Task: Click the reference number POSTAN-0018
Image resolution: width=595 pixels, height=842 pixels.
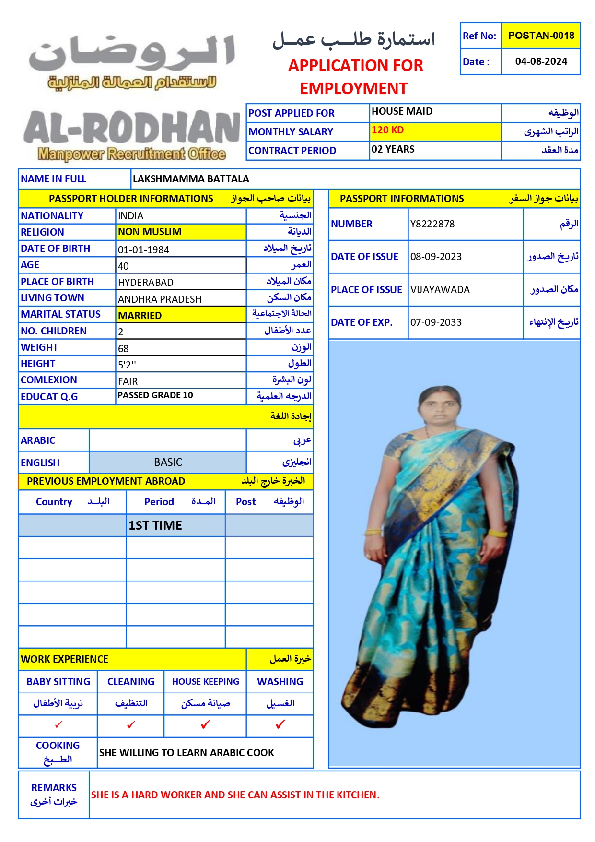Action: tap(541, 36)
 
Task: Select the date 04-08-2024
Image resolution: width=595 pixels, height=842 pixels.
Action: tap(541, 61)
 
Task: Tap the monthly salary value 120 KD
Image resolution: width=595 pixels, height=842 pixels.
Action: tap(387, 130)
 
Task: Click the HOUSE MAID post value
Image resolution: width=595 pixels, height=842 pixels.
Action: tap(402, 111)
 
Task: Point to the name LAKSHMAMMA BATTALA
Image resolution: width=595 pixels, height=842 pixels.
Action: tap(191, 179)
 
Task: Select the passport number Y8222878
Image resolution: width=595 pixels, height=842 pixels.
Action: tap(432, 224)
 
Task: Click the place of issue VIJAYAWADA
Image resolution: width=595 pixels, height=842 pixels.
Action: tap(440, 290)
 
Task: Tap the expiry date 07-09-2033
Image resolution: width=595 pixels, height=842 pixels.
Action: tap(436, 322)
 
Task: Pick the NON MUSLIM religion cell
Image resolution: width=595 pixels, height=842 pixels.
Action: tap(150, 232)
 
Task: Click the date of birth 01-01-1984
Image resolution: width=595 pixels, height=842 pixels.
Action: tap(143, 249)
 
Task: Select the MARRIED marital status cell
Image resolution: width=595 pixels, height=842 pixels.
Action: tap(140, 315)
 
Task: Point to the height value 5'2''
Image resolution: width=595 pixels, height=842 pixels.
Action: tap(127, 365)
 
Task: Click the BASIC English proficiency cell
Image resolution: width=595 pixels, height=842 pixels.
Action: tap(168, 462)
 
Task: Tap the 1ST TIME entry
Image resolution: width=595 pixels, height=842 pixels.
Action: tap(155, 525)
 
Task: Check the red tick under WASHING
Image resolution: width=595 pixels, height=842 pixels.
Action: tap(280, 724)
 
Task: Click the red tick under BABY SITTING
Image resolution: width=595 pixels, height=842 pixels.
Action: tap(58, 724)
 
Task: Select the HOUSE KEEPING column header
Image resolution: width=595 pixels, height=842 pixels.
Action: tap(205, 681)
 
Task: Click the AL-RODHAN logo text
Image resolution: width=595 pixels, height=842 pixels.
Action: tap(131, 128)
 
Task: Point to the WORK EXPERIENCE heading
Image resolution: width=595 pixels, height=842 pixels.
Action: tap(65, 659)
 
